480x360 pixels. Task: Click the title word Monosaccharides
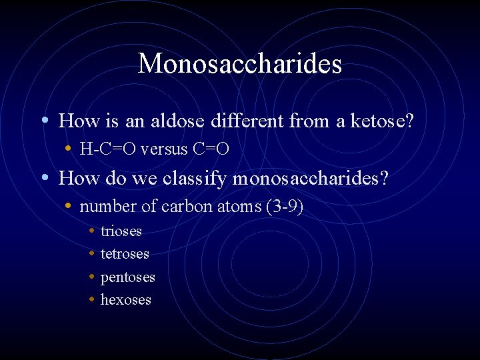(239, 64)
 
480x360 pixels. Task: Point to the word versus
(165, 149)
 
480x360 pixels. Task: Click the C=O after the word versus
(211, 149)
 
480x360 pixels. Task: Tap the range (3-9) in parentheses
(285, 207)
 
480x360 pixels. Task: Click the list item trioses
(121, 231)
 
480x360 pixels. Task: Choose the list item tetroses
(125, 254)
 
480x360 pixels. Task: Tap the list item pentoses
(127, 277)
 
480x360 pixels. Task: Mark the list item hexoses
(125, 300)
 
